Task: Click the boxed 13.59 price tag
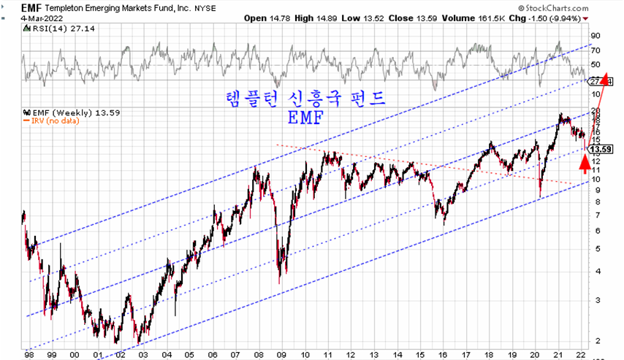tap(600, 149)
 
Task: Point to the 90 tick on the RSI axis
tap(596, 35)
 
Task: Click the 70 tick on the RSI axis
tap(596, 50)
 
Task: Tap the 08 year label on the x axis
tap(259, 353)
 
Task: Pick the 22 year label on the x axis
tap(579, 353)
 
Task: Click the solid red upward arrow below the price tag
tap(585, 162)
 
